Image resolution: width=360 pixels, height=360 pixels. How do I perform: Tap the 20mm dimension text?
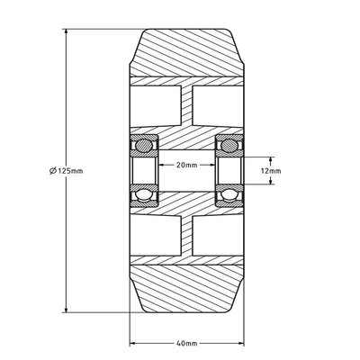187,165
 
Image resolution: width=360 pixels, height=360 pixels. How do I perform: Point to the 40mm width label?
187,343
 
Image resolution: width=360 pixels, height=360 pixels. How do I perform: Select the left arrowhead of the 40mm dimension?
133,343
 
